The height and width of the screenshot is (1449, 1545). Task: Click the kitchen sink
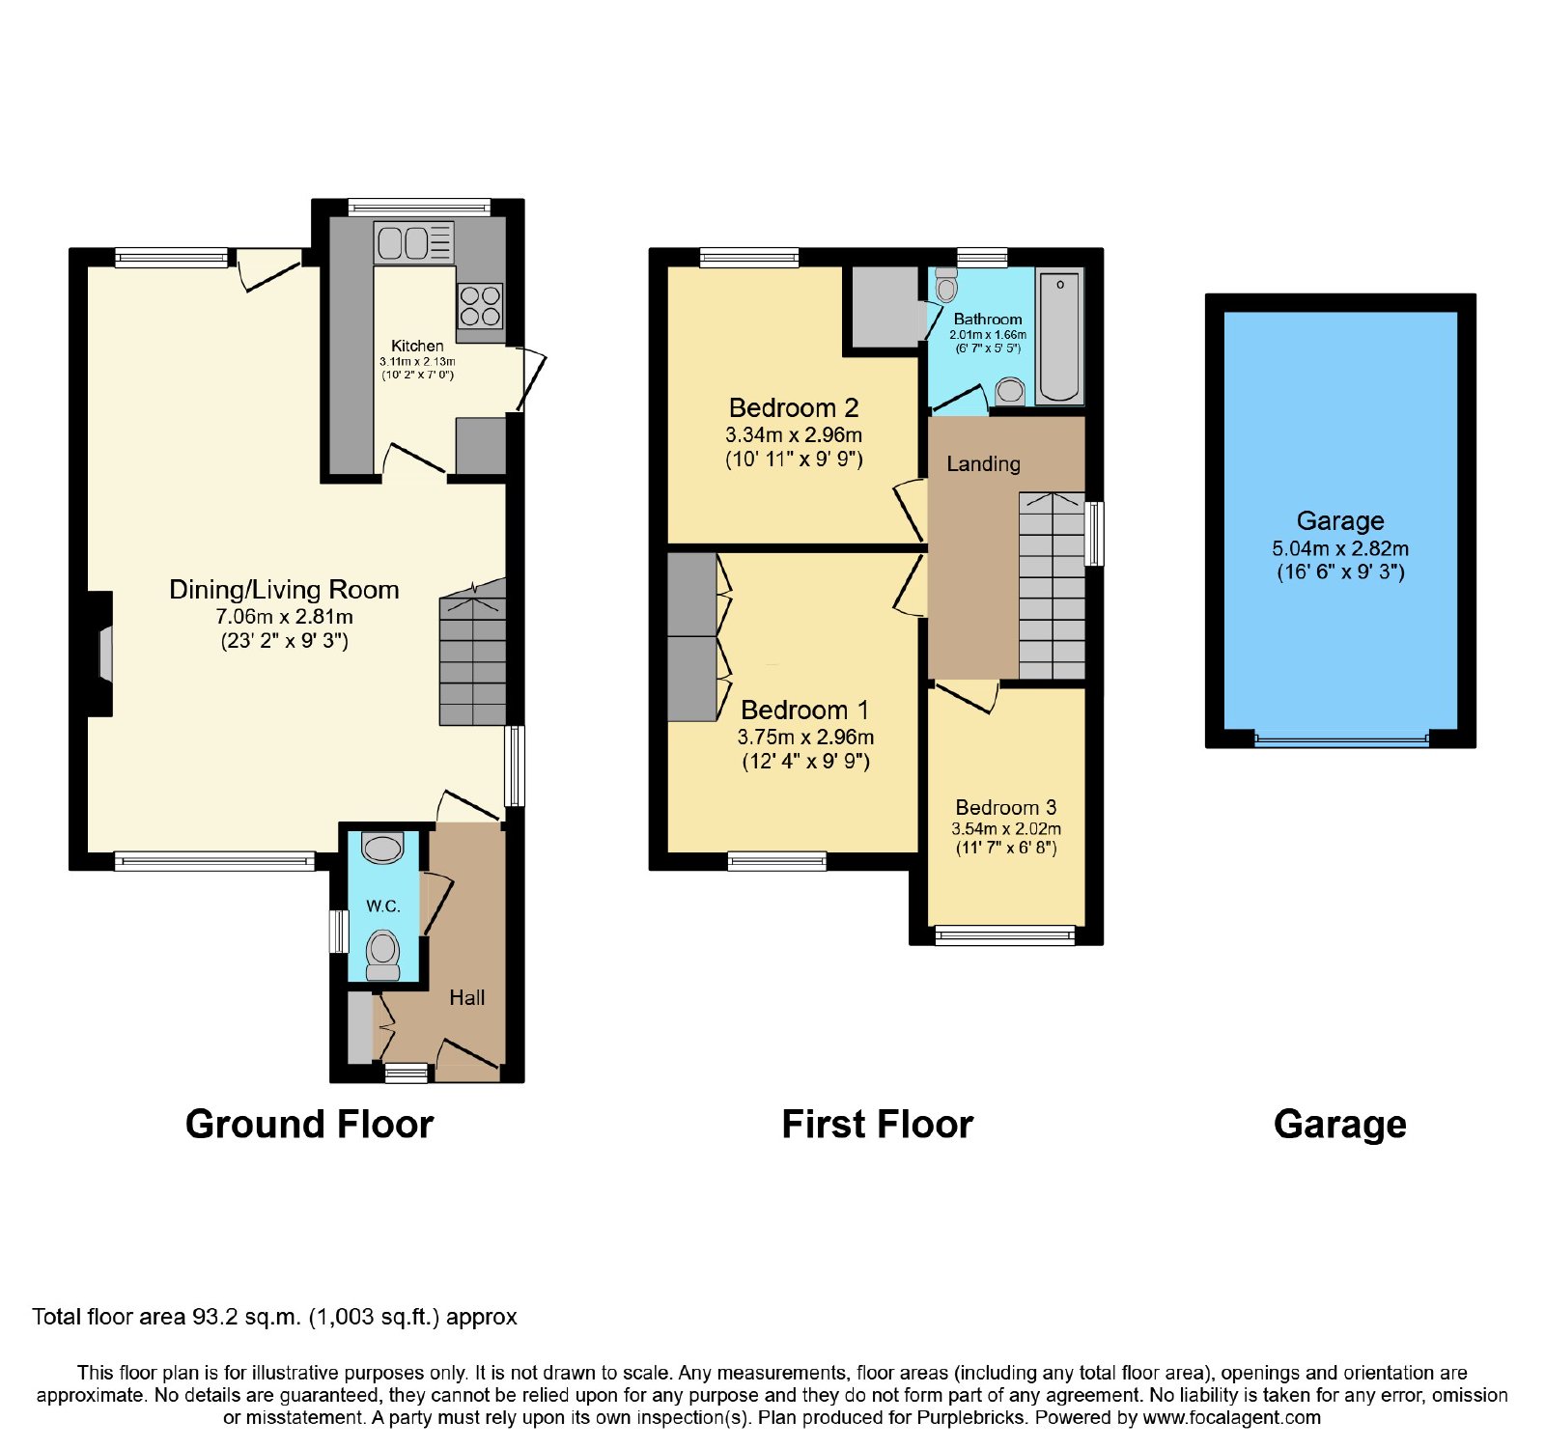coord(414,242)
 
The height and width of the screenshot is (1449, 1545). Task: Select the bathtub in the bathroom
coord(1059,336)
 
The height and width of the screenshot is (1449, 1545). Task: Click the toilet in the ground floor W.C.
coord(383,955)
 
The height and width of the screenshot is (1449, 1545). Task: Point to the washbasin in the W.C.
coord(382,848)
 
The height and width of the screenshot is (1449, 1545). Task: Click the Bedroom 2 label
coord(794,407)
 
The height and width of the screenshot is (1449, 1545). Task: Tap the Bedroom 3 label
coord(1006,807)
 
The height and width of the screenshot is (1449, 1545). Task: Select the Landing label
coord(983,464)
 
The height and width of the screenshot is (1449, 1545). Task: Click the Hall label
coord(467,998)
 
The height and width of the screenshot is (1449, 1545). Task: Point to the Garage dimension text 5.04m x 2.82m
coord(1340,548)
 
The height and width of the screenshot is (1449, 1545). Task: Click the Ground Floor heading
coord(309,1125)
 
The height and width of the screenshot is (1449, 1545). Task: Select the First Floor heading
coord(877,1125)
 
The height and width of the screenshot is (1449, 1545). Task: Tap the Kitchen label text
coord(417,346)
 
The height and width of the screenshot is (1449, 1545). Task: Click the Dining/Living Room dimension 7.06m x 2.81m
coord(284,617)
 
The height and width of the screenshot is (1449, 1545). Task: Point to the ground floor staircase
coord(473,653)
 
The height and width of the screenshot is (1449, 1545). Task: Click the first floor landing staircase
coord(1053,586)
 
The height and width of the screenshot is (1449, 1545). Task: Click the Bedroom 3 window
coord(1005,934)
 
